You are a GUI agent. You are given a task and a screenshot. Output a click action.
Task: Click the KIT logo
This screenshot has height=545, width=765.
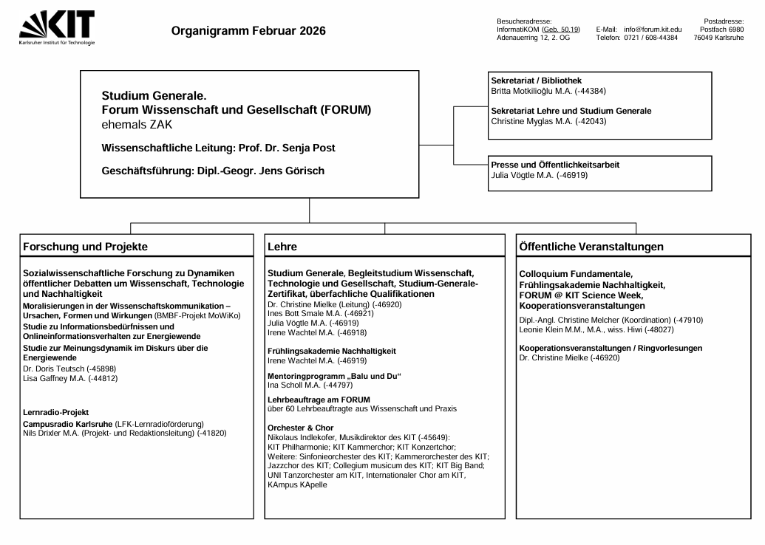pyautogui.click(x=57, y=27)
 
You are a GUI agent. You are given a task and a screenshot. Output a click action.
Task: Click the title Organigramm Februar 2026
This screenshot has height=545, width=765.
pyautogui.click(x=248, y=31)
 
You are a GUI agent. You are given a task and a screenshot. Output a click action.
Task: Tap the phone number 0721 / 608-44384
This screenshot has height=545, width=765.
pyautogui.click(x=650, y=38)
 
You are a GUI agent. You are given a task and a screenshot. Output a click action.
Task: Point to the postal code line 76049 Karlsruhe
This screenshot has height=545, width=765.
pyautogui.click(x=718, y=38)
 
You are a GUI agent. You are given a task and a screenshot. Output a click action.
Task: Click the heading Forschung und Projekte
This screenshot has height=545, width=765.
pyautogui.click(x=86, y=246)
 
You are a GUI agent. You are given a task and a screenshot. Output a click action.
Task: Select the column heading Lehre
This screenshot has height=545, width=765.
pyautogui.click(x=282, y=246)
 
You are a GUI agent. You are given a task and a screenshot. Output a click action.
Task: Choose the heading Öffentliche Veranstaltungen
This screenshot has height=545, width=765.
pyautogui.click(x=591, y=246)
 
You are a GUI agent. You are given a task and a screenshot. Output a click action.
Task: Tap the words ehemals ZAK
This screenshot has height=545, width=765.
pyautogui.click(x=137, y=124)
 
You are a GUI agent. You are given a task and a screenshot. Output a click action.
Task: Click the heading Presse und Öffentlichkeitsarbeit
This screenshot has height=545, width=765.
pyautogui.click(x=555, y=165)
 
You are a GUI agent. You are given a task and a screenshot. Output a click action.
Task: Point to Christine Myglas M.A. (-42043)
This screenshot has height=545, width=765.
pyautogui.click(x=548, y=121)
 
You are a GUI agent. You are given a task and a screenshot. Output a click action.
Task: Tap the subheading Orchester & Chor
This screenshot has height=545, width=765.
pyautogui.click(x=300, y=428)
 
